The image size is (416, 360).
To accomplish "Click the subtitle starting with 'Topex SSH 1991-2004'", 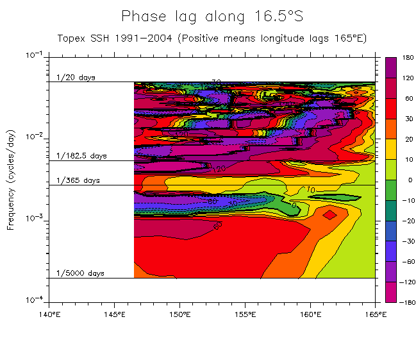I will click(x=212, y=38).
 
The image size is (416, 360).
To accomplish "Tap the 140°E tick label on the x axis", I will click(x=49, y=314).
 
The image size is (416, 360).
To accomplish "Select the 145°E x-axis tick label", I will click(x=114, y=314).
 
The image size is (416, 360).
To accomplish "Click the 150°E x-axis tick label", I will click(x=179, y=314).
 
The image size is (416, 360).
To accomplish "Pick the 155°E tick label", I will click(x=245, y=314).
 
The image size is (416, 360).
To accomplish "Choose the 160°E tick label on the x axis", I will click(x=310, y=314).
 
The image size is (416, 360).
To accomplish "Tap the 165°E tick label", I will click(x=376, y=314).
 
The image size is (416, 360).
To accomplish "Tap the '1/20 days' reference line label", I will click(x=76, y=78).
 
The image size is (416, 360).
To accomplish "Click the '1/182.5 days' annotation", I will click(x=81, y=156).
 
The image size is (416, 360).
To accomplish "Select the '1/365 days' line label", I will click(x=78, y=180).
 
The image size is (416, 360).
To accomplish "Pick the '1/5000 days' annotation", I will click(x=80, y=273).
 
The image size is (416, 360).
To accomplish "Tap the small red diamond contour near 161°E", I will click(x=329, y=214).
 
